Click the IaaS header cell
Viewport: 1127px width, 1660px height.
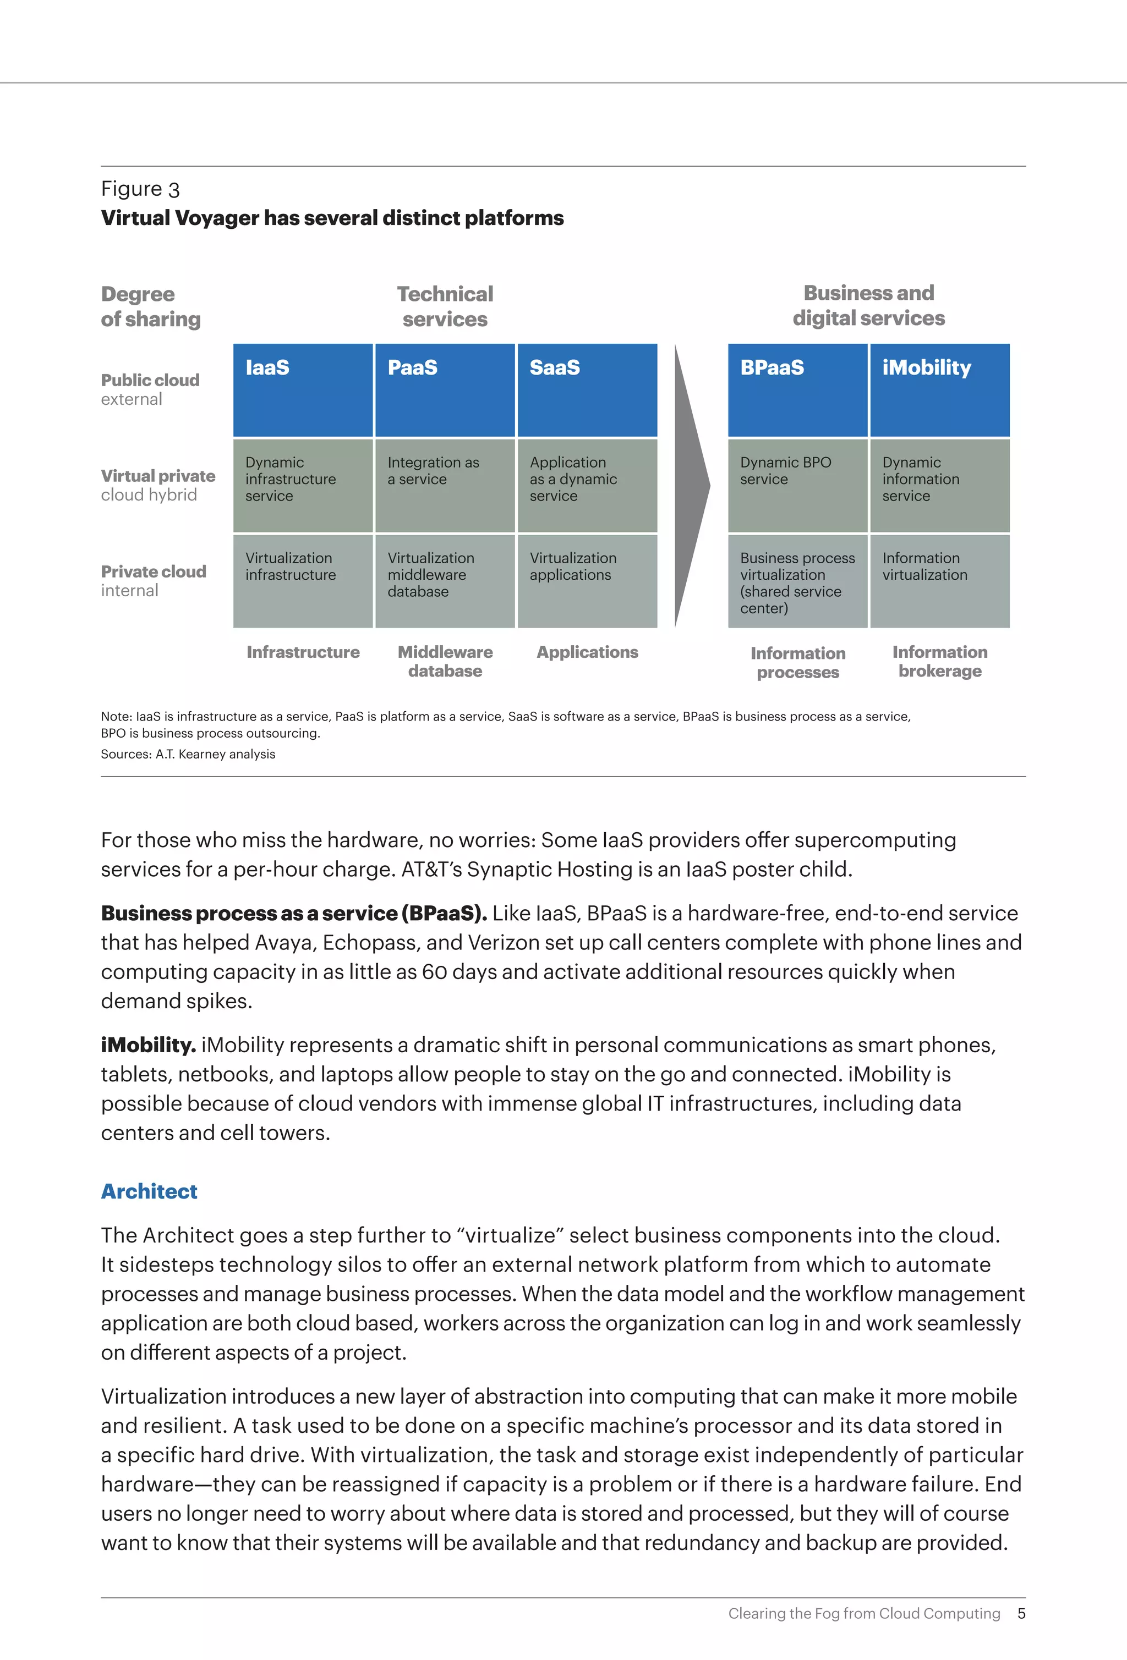pyautogui.click(x=303, y=390)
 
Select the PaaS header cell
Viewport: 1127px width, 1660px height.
pyautogui.click(x=445, y=390)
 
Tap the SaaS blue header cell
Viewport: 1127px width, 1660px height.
pyautogui.click(x=587, y=390)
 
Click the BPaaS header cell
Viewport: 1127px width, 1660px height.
pyautogui.click(x=797, y=390)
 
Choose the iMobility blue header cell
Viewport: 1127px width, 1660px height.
pyautogui.click(x=939, y=390)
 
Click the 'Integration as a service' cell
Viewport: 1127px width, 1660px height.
pyautogui.click(x=445, y=485)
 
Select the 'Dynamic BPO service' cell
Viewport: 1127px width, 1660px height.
pyautogui.click(x=797, y=485)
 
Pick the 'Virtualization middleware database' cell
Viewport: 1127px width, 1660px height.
pyautogui.click(x=445, y=581)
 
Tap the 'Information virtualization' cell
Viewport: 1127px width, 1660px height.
pyautogui.click(x=939, y=581)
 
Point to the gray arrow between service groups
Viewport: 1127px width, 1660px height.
pyautogui.click(x=691, y=486)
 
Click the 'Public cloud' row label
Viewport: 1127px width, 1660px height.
pyautogui.click(x=150, y=389)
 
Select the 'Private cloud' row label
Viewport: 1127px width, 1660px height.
pyautogui.click(x=153, y=581)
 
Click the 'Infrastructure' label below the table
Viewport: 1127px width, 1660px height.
pyautogui.click(x=303, y=652)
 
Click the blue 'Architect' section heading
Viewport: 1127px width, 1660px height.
pyautogui.click(x=149, y=1191)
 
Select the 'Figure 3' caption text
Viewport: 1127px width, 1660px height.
pyautogui.click(x=140, y=189)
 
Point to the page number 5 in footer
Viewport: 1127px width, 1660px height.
pyautogui.click(x=1021, y=1614)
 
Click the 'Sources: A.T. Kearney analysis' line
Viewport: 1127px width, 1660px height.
pyautogui.click(x=188, y=754)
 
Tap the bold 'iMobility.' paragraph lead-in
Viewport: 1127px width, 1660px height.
pyautogui.click(x=148, y=1045)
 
